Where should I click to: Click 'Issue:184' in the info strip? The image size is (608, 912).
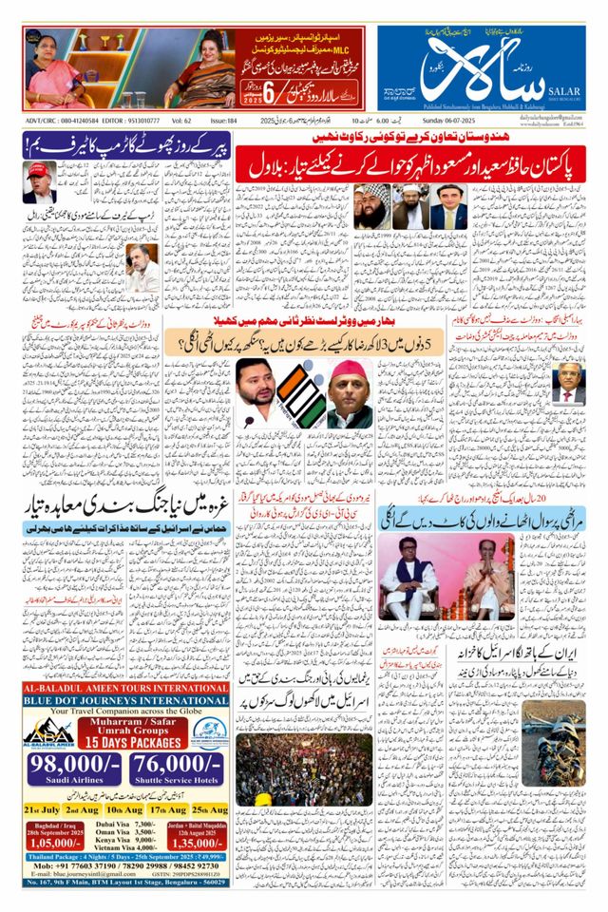223,122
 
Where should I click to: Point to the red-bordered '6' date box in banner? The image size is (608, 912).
267,94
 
